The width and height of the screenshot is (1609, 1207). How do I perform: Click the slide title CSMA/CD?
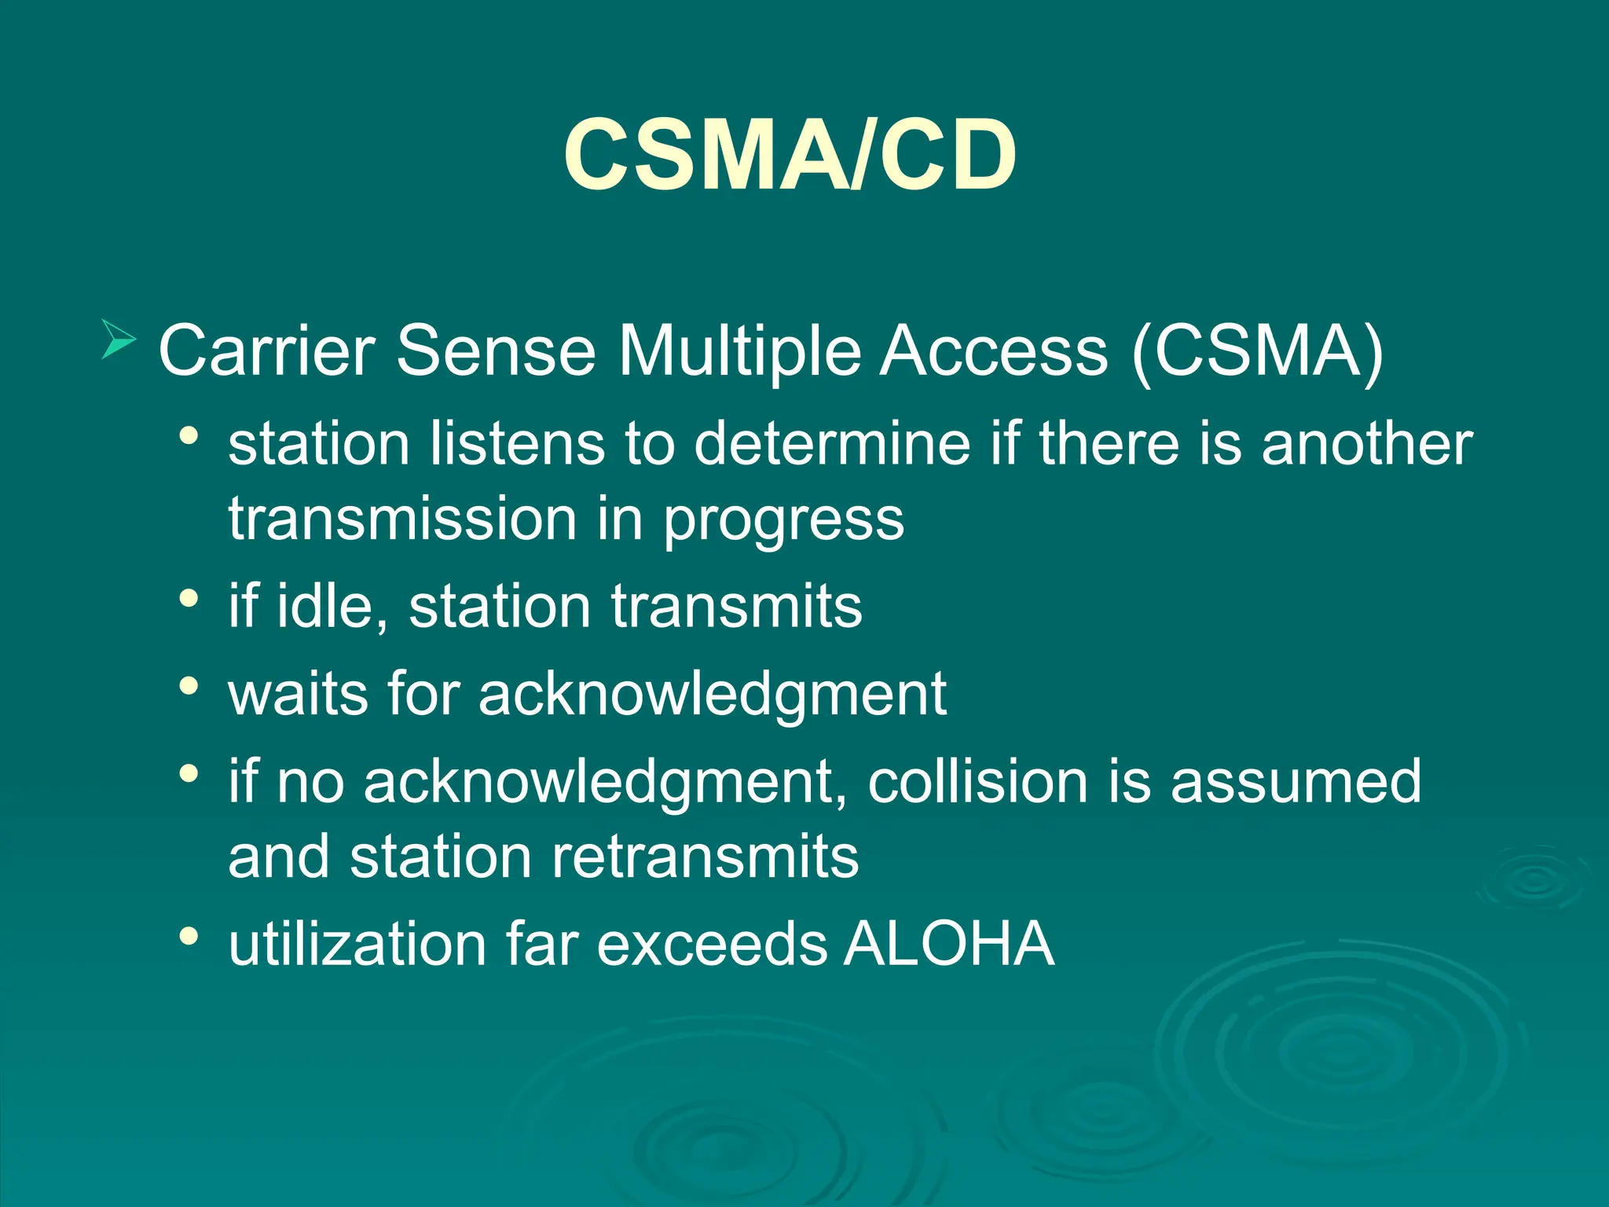pos(790,155)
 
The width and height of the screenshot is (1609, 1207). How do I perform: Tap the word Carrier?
pos(266,350)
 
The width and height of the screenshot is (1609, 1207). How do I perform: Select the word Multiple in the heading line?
pos(739,350)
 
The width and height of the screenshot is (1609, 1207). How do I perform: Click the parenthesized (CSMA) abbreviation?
pos(1257,350)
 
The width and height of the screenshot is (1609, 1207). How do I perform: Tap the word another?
pos(1366,445)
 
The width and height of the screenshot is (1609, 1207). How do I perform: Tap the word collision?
pos(977,781)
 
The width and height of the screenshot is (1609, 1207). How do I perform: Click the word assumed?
pos(1296,783)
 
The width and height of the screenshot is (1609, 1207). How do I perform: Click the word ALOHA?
pos(948,944)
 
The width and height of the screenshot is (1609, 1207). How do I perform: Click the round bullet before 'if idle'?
pos(189,599)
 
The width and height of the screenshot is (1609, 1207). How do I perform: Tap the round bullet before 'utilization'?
pos(189,936)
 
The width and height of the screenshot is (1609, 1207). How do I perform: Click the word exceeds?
pos(712,944)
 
